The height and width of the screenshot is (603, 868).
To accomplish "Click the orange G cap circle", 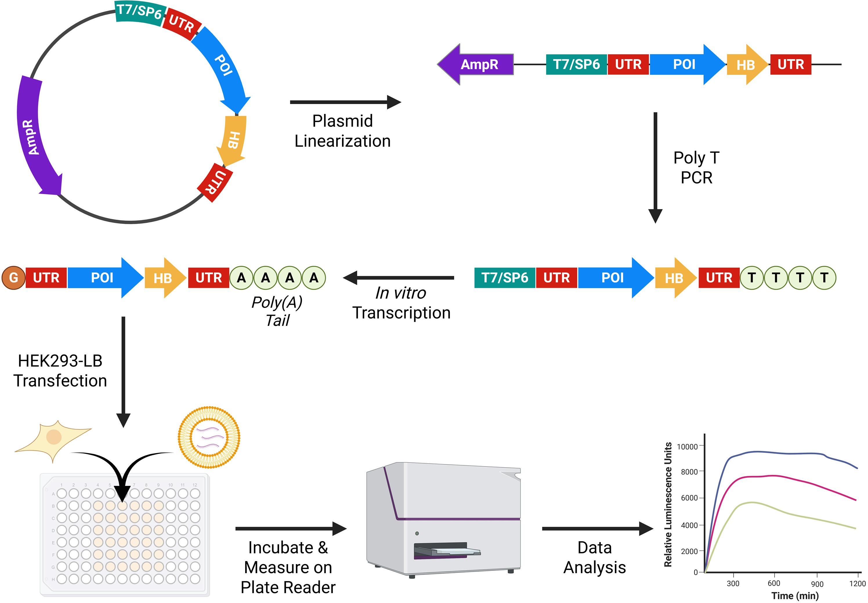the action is (x=14, y=278).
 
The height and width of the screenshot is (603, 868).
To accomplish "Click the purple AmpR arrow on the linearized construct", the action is (x=475, y=64).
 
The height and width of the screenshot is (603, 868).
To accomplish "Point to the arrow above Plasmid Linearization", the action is (x=345, y=102).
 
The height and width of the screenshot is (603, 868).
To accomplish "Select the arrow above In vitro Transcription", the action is (x=399, y=278).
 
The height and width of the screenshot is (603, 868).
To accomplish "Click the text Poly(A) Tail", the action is (x=277, y=311).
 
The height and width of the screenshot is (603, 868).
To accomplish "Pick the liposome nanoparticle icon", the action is (x=209, y=437).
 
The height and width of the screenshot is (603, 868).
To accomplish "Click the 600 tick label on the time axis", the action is (x=774, y=583).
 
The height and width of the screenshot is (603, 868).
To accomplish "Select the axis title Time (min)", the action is (x=795, y=596).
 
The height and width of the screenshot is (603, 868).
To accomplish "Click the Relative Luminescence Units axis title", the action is (x=668, y=504).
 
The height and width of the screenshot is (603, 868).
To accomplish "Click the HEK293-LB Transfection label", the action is (x=60, y=370).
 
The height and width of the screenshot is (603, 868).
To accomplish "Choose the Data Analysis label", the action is (x=595, y=557).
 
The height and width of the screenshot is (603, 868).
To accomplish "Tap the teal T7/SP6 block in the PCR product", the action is (x=505, y=278).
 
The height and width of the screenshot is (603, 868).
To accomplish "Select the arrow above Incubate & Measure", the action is (x=291, y=528).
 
